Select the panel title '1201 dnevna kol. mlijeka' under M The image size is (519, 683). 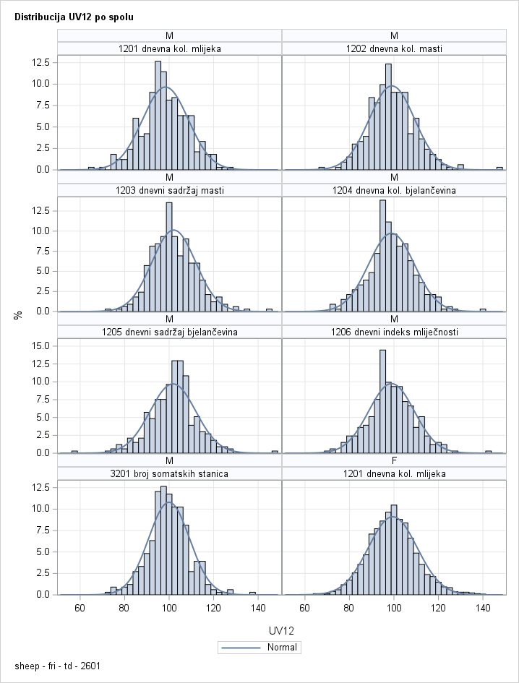tap(169, 49)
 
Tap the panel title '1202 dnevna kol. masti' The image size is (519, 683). tap(394, 49)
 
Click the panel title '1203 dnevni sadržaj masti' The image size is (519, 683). tap(169, 191)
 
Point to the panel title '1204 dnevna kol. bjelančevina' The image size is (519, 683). tap(394, 191)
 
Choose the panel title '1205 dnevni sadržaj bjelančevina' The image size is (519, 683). tap(169, 332)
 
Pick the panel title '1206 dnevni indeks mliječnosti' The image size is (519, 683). tap(394, 332)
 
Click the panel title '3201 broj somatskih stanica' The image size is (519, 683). tap(169, 474)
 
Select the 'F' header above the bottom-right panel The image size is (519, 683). tap(394, 460)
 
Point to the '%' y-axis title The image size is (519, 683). tap(17, 315)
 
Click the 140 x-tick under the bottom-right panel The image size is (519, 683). tap(483, 607)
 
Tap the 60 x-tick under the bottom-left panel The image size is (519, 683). tap(80, 607)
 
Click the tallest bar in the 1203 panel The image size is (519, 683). tap(169, 257)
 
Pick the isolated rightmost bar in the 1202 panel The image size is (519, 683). tap(499, 168)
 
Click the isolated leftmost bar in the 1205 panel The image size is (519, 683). tap(74, 452)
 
